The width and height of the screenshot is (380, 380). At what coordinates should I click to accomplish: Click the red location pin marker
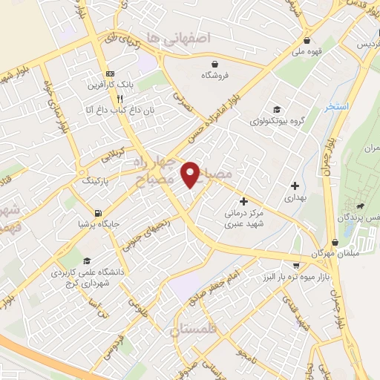(x=190, y=174)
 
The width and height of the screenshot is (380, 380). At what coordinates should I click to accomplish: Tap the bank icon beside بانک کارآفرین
(x=110, y=73)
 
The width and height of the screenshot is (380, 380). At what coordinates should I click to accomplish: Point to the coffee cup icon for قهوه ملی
(x=307, y=41)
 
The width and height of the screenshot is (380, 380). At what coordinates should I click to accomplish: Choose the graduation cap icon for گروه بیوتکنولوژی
(x=277, y=109)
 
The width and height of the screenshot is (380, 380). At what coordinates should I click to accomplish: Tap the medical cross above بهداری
(x=295, y=186)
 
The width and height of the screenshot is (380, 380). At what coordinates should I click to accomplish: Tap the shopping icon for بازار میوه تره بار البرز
(x=296, y=265)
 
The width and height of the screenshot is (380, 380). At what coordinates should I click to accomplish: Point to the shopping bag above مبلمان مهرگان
(x=335, y=243)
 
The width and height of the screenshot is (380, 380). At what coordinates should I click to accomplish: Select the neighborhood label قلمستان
(x=195, y=331)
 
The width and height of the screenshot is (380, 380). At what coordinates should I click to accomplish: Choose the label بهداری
(x=295, y=199)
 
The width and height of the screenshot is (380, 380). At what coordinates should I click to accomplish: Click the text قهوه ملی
(x=307, y=52)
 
